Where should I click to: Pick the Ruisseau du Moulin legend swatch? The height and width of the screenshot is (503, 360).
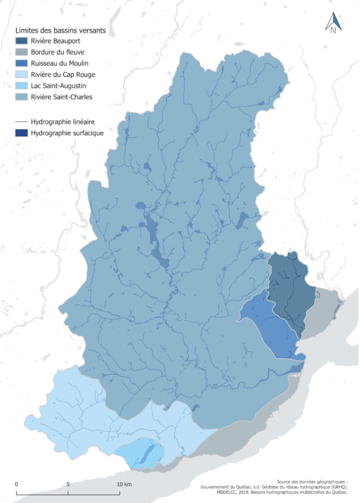pos(22,63)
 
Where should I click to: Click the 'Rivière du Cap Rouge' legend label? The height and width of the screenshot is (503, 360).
pos(62,75)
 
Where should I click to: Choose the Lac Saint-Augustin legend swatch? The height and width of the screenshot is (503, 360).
pos(22,86)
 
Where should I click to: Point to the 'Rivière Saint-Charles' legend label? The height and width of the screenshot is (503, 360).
pos(61,97)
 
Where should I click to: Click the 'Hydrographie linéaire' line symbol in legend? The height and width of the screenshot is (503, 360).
pos(22,121)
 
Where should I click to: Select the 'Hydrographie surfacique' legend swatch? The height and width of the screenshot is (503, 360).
pos(22,133)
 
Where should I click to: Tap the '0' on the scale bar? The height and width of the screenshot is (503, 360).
pos(17,484)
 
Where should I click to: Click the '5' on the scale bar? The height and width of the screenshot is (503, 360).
pos(68,484)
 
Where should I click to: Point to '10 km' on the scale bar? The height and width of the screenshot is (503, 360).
pos(124,484)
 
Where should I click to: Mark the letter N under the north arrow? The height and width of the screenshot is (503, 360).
pos(333,30)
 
